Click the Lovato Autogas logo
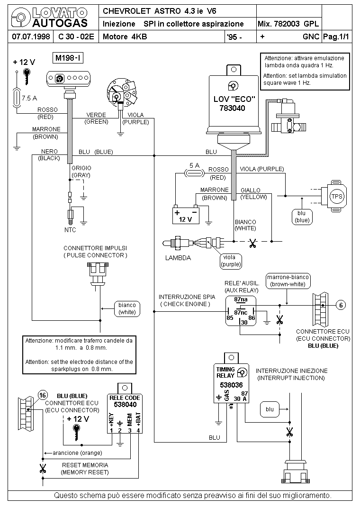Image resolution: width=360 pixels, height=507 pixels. [x=50, y=18]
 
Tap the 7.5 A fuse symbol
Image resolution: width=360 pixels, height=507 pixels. [x=18, y=98]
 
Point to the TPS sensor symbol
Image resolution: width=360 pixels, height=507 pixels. [x=337, y=196]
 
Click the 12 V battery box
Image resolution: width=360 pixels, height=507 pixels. [x=186, y=214]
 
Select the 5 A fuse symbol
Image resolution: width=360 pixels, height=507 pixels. [x=194, y=173]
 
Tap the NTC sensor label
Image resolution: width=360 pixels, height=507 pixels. [x=70, y=230]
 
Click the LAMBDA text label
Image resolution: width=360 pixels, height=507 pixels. [x=178, y=258]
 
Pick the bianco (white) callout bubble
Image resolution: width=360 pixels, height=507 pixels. [x=127, y=308]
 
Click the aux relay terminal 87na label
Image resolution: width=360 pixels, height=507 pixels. [x=241, y=299]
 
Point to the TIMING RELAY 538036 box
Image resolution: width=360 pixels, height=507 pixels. [x=232, y=385]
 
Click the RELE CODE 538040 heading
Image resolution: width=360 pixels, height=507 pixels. [x=125, y=401]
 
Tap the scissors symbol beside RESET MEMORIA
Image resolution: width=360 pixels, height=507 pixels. [x=43, y=470]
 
